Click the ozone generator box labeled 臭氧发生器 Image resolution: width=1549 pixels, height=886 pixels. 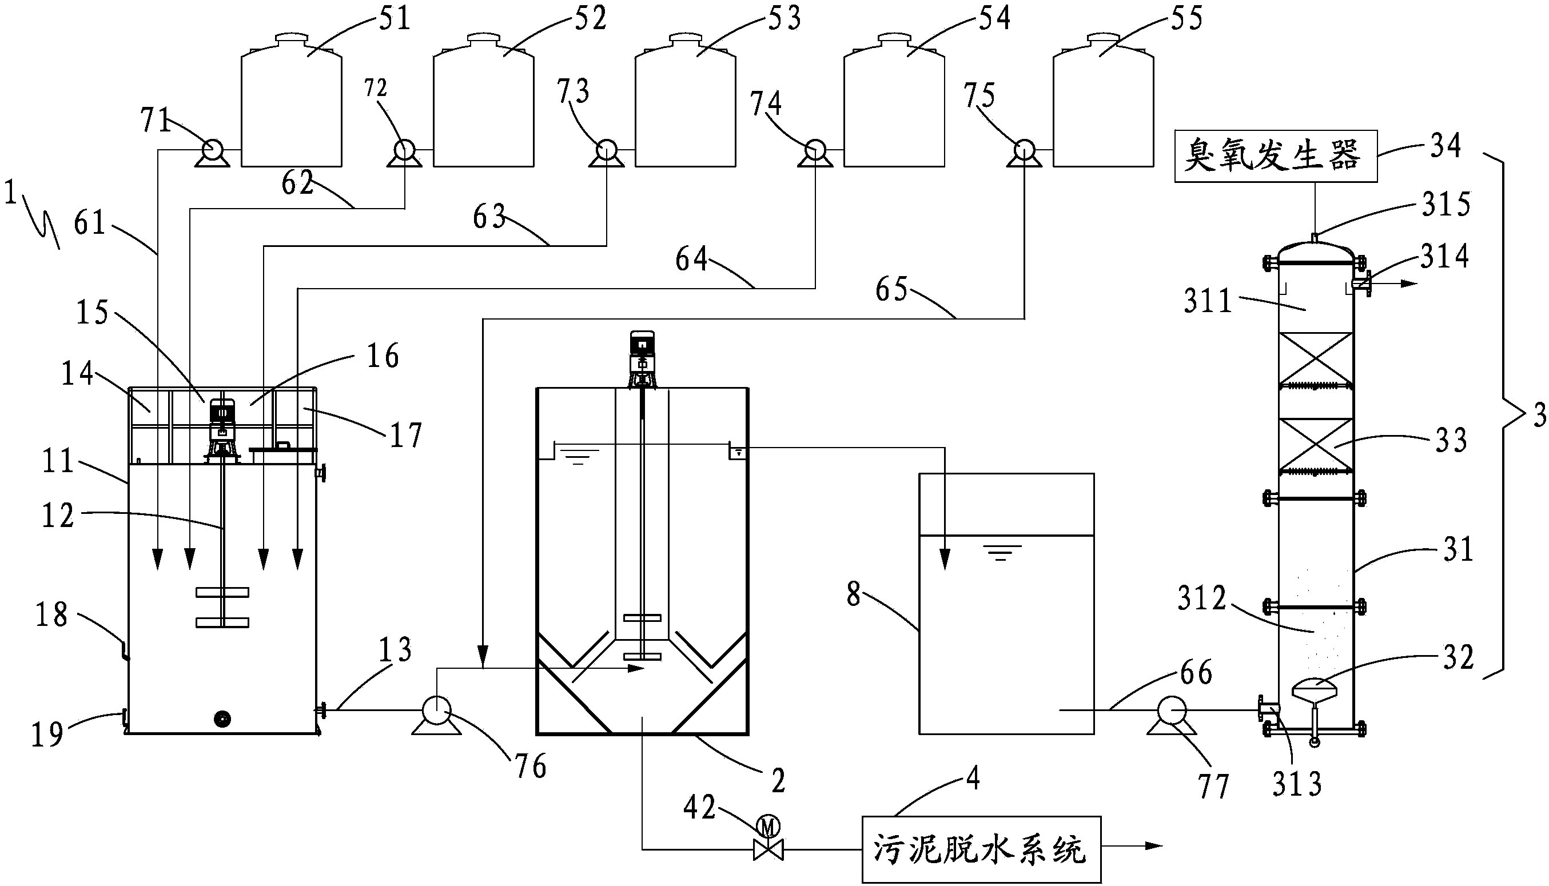[1275, 156]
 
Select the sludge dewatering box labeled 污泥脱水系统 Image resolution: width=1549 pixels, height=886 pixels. [981, 849]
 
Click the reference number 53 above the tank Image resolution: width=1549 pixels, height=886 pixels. [784, 19]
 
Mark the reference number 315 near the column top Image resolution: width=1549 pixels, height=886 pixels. [1446, 205]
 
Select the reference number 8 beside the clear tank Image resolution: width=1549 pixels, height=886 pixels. [853, 594]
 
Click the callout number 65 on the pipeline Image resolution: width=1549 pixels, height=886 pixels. [891, 290]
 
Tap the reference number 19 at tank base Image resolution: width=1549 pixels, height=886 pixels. [47, 734]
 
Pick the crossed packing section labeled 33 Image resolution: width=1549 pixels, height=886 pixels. [1315, 445]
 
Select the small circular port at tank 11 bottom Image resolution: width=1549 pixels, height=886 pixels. [223, 719]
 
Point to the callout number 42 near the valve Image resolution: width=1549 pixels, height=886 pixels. [700, 808]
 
